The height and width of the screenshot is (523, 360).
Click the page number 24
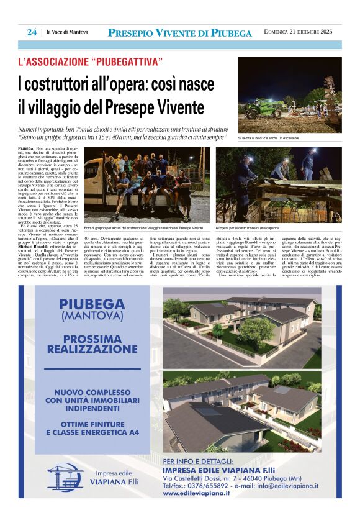point(32,33)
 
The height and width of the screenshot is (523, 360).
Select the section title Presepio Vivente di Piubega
point(179,33)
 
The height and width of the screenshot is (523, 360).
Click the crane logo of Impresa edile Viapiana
point(65,476)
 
